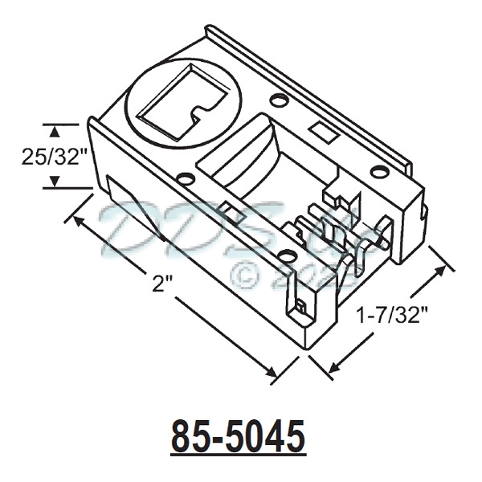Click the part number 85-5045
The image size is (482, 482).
tap(238, 436)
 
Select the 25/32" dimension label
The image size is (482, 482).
tap(54, 157)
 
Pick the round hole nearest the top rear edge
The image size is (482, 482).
tap(278, 101)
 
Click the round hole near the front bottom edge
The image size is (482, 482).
tap(287, 255)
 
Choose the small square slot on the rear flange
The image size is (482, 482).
tap(320, 129)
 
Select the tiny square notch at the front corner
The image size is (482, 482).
tap(299, 306)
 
